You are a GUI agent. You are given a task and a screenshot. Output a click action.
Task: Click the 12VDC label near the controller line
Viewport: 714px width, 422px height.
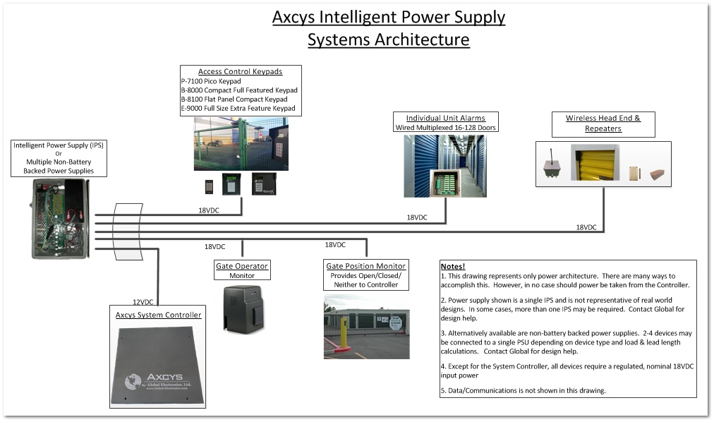pos(143,301)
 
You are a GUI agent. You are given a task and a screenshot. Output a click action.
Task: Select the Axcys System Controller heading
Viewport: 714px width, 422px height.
pos(158,315)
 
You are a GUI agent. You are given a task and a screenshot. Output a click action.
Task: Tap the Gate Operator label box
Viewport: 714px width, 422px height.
pos(242,270)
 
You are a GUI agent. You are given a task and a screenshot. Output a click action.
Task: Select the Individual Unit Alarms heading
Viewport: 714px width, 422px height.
pos(445,118)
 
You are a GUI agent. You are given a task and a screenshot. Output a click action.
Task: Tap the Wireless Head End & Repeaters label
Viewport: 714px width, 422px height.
pos(603,123)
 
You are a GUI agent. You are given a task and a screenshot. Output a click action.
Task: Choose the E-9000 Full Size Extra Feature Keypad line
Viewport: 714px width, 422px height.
pos(238,109)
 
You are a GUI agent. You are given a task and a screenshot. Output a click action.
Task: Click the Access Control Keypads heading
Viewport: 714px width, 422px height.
pos(240,71)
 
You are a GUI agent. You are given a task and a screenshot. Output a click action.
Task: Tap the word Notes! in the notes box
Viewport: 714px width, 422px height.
pos(453,266)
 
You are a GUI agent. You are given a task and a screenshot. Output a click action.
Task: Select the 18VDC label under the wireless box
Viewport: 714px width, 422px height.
pos(586,227)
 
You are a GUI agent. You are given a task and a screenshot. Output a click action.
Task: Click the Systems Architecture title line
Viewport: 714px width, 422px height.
pos(388,40)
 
